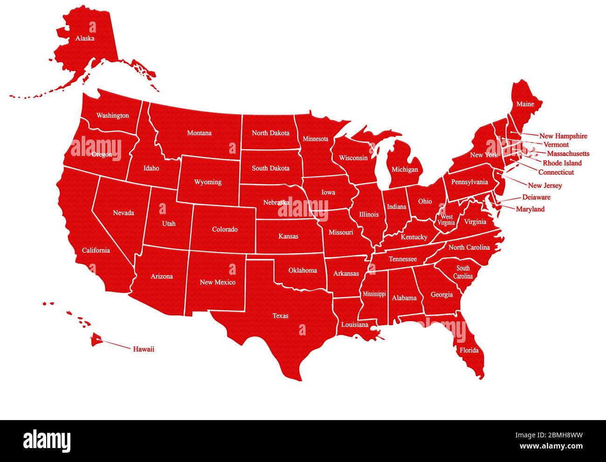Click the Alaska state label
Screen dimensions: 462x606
coord(85,38)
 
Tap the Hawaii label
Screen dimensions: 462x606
coord(144,349)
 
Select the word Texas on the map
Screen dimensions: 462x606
coord(280,316)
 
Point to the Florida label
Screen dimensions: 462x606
coord(469,350)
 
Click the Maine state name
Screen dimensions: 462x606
coord(525,104)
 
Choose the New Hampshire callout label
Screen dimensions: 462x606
coord(563,136)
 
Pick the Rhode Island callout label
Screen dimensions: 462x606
coord(562,163)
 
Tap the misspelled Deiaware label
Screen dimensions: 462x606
coord(536,197)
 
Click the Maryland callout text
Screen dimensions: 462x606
coord(530,209)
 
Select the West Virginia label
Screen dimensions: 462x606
coord(447,220)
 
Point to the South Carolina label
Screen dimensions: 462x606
coord(463,272)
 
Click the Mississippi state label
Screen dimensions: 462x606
coord(374,294)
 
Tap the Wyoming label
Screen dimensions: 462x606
coord(207,182)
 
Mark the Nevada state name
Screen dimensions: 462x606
coord(124,213)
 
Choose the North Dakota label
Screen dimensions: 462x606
coord(270,133)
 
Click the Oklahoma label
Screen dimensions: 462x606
coord(303,270)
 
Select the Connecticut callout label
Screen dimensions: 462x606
coord(556,172)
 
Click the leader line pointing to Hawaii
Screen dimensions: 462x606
coord(117,345)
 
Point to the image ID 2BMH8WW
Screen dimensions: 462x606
coord(549,435)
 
